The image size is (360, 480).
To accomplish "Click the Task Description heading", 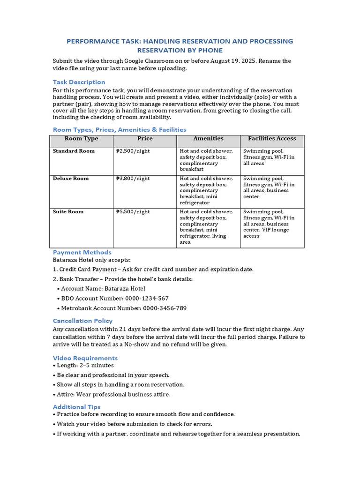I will coord(79,82).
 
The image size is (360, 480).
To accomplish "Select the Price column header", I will coord(145,139).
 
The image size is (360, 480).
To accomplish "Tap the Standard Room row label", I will coord(74,151).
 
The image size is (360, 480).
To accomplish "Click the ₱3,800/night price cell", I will coord(133,179).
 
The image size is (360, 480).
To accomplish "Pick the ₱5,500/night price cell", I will coord(133,212).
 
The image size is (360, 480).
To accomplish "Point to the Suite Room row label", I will coord(68,212).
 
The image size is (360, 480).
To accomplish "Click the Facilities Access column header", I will coord(272,139).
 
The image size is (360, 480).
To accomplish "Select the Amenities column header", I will coord(208,139).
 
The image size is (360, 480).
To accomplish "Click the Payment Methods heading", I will coord(82,252).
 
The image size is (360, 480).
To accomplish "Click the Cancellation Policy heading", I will coord(82,321).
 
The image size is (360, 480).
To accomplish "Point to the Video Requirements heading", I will coord(85,358).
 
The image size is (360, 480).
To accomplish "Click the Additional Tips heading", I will coord(76,407).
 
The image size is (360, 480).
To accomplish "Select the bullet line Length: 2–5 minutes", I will coord(85,366).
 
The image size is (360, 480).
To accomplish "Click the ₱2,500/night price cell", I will coord(133,151).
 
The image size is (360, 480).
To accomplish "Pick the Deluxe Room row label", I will coord(71,179).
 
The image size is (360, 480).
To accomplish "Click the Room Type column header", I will coord(81,139).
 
